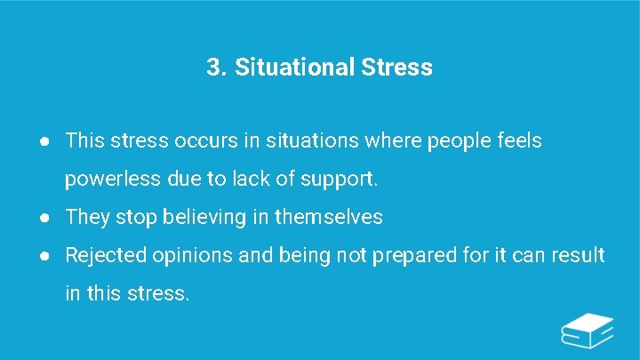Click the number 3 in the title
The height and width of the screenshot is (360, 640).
[x=213, y=68]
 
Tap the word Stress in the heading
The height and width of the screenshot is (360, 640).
[x=397, y=68]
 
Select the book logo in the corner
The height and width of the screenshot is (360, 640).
[x=588, y=332]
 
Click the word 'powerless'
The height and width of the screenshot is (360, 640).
[x=112, y=180]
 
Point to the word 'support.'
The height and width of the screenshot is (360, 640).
[x=340, y=180]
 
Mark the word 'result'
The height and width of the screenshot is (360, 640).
[x=578, y=256]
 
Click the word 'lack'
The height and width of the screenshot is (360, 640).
[x=252, y=180]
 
